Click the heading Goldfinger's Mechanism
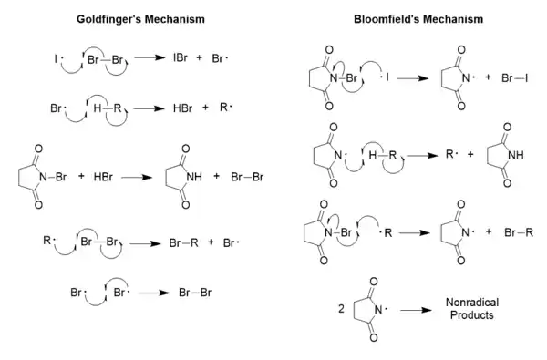pyautogui.click(x=138, y=17)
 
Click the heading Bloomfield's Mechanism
pyautogui.click(x=406, y=17)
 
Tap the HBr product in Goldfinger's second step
pyautogui.click(x=182, y=107)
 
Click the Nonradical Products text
pyautogui.click(x=470, y=308)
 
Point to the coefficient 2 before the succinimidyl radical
pyautogui.click(x=341, y=308)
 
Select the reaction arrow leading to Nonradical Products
pyautogui.click(x=417, y=309)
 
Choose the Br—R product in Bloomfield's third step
pyautogui.click(x=518, y=231)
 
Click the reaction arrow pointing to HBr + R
pyautogui.click(x=147, y=107)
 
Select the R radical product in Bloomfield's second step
pyautogui.click(x=449, y=156)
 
